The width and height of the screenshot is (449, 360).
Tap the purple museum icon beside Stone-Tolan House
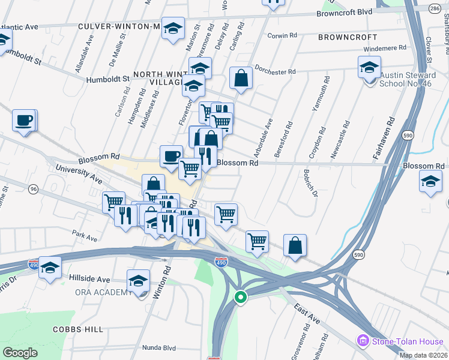tap(363, 341)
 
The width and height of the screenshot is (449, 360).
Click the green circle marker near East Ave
tap(240, 297)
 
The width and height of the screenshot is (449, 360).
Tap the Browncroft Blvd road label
tap(345, 12)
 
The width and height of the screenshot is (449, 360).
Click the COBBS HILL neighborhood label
tap(78, 329)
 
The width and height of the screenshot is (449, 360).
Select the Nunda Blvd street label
tap(158, 347)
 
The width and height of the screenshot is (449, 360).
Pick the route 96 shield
tap(34, 189)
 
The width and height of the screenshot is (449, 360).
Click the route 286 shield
tap(435, 8)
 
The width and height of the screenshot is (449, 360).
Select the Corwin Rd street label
tap(283, 35)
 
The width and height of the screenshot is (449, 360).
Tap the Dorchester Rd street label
tap(276, 70)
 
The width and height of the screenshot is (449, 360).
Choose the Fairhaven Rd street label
tap(382, 137)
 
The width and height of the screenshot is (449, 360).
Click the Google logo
tap(20, 353)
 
